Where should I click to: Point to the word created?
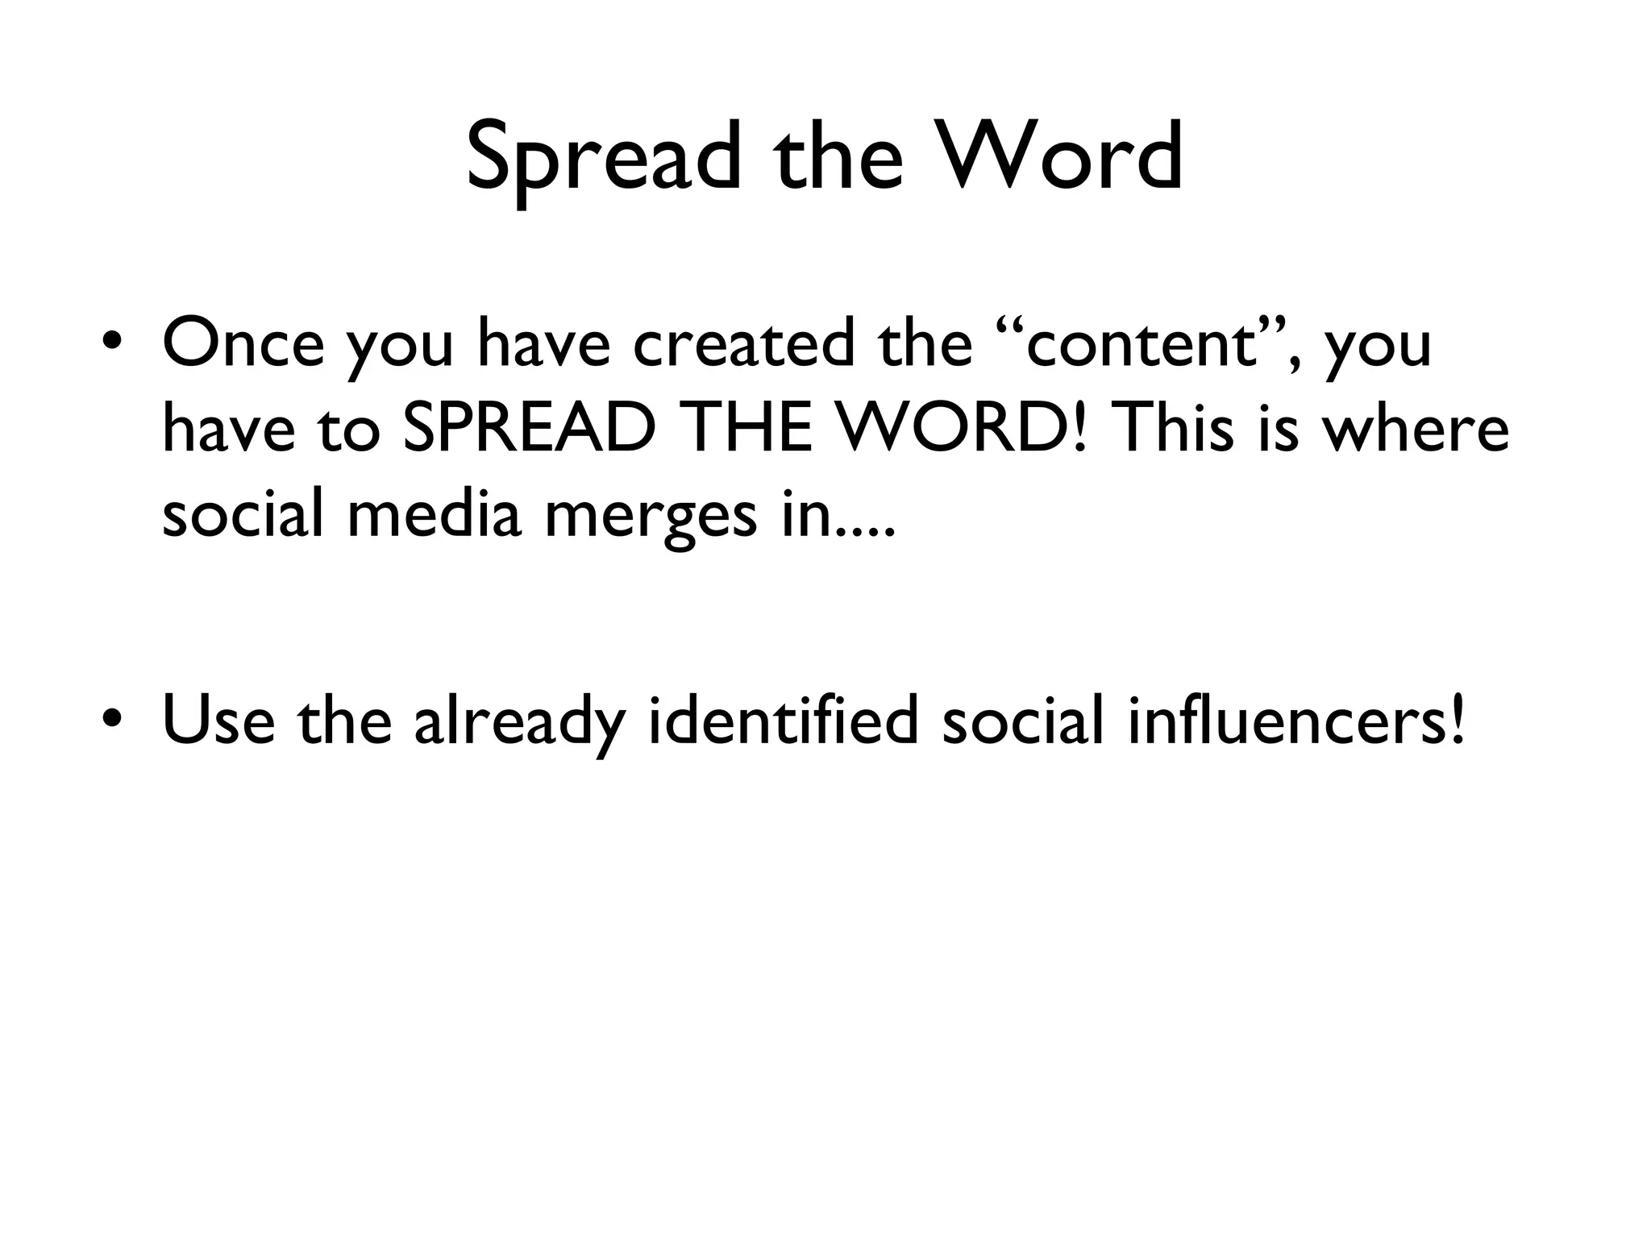tap(742, 343)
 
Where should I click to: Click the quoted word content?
tap(1142, 343)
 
